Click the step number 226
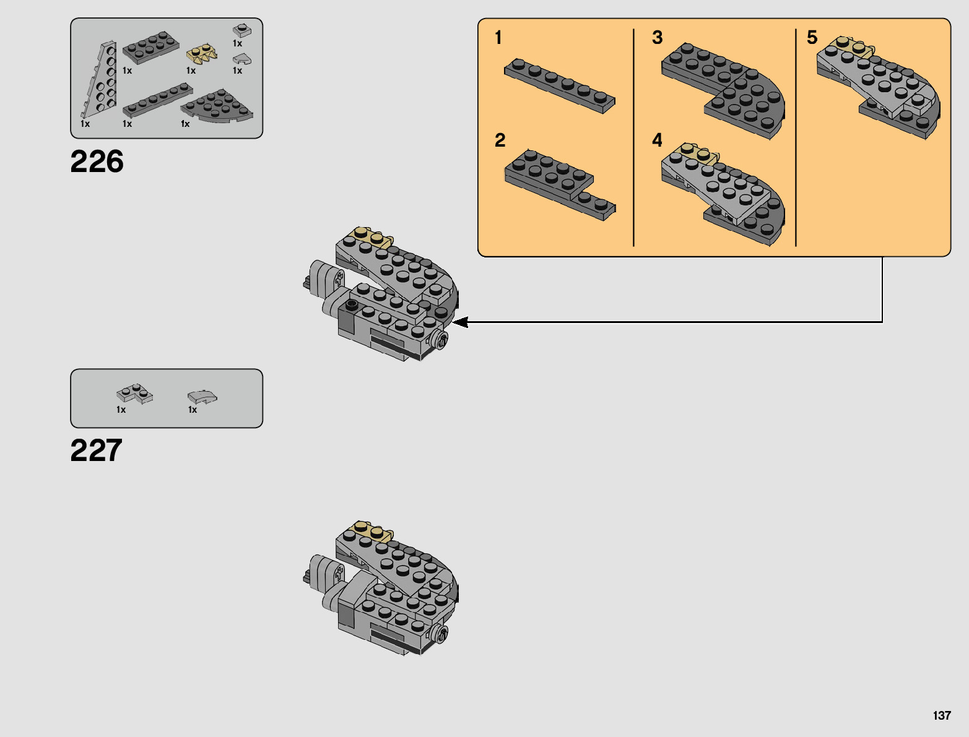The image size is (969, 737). point(97,162)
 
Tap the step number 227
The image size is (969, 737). point(96,450)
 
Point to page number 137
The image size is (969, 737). point(941,715)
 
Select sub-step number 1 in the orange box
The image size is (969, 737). point(498,38)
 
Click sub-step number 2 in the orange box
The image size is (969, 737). point(500,140)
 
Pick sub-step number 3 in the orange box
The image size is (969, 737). point(657,38)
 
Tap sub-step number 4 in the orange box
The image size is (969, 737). point(657,140)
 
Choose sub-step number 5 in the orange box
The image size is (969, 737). point(812,38)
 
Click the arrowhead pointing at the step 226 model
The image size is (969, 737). point(460,322)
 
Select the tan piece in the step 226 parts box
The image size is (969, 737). point(202,54)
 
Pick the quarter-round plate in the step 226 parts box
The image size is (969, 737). point(217,106)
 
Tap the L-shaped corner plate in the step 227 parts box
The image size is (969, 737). point(134,394)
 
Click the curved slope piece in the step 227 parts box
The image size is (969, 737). point(202,396)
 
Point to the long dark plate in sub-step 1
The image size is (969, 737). point(559,85)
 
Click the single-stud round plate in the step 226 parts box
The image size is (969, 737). point(241,30)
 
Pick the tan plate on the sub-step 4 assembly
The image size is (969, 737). point(698,152)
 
